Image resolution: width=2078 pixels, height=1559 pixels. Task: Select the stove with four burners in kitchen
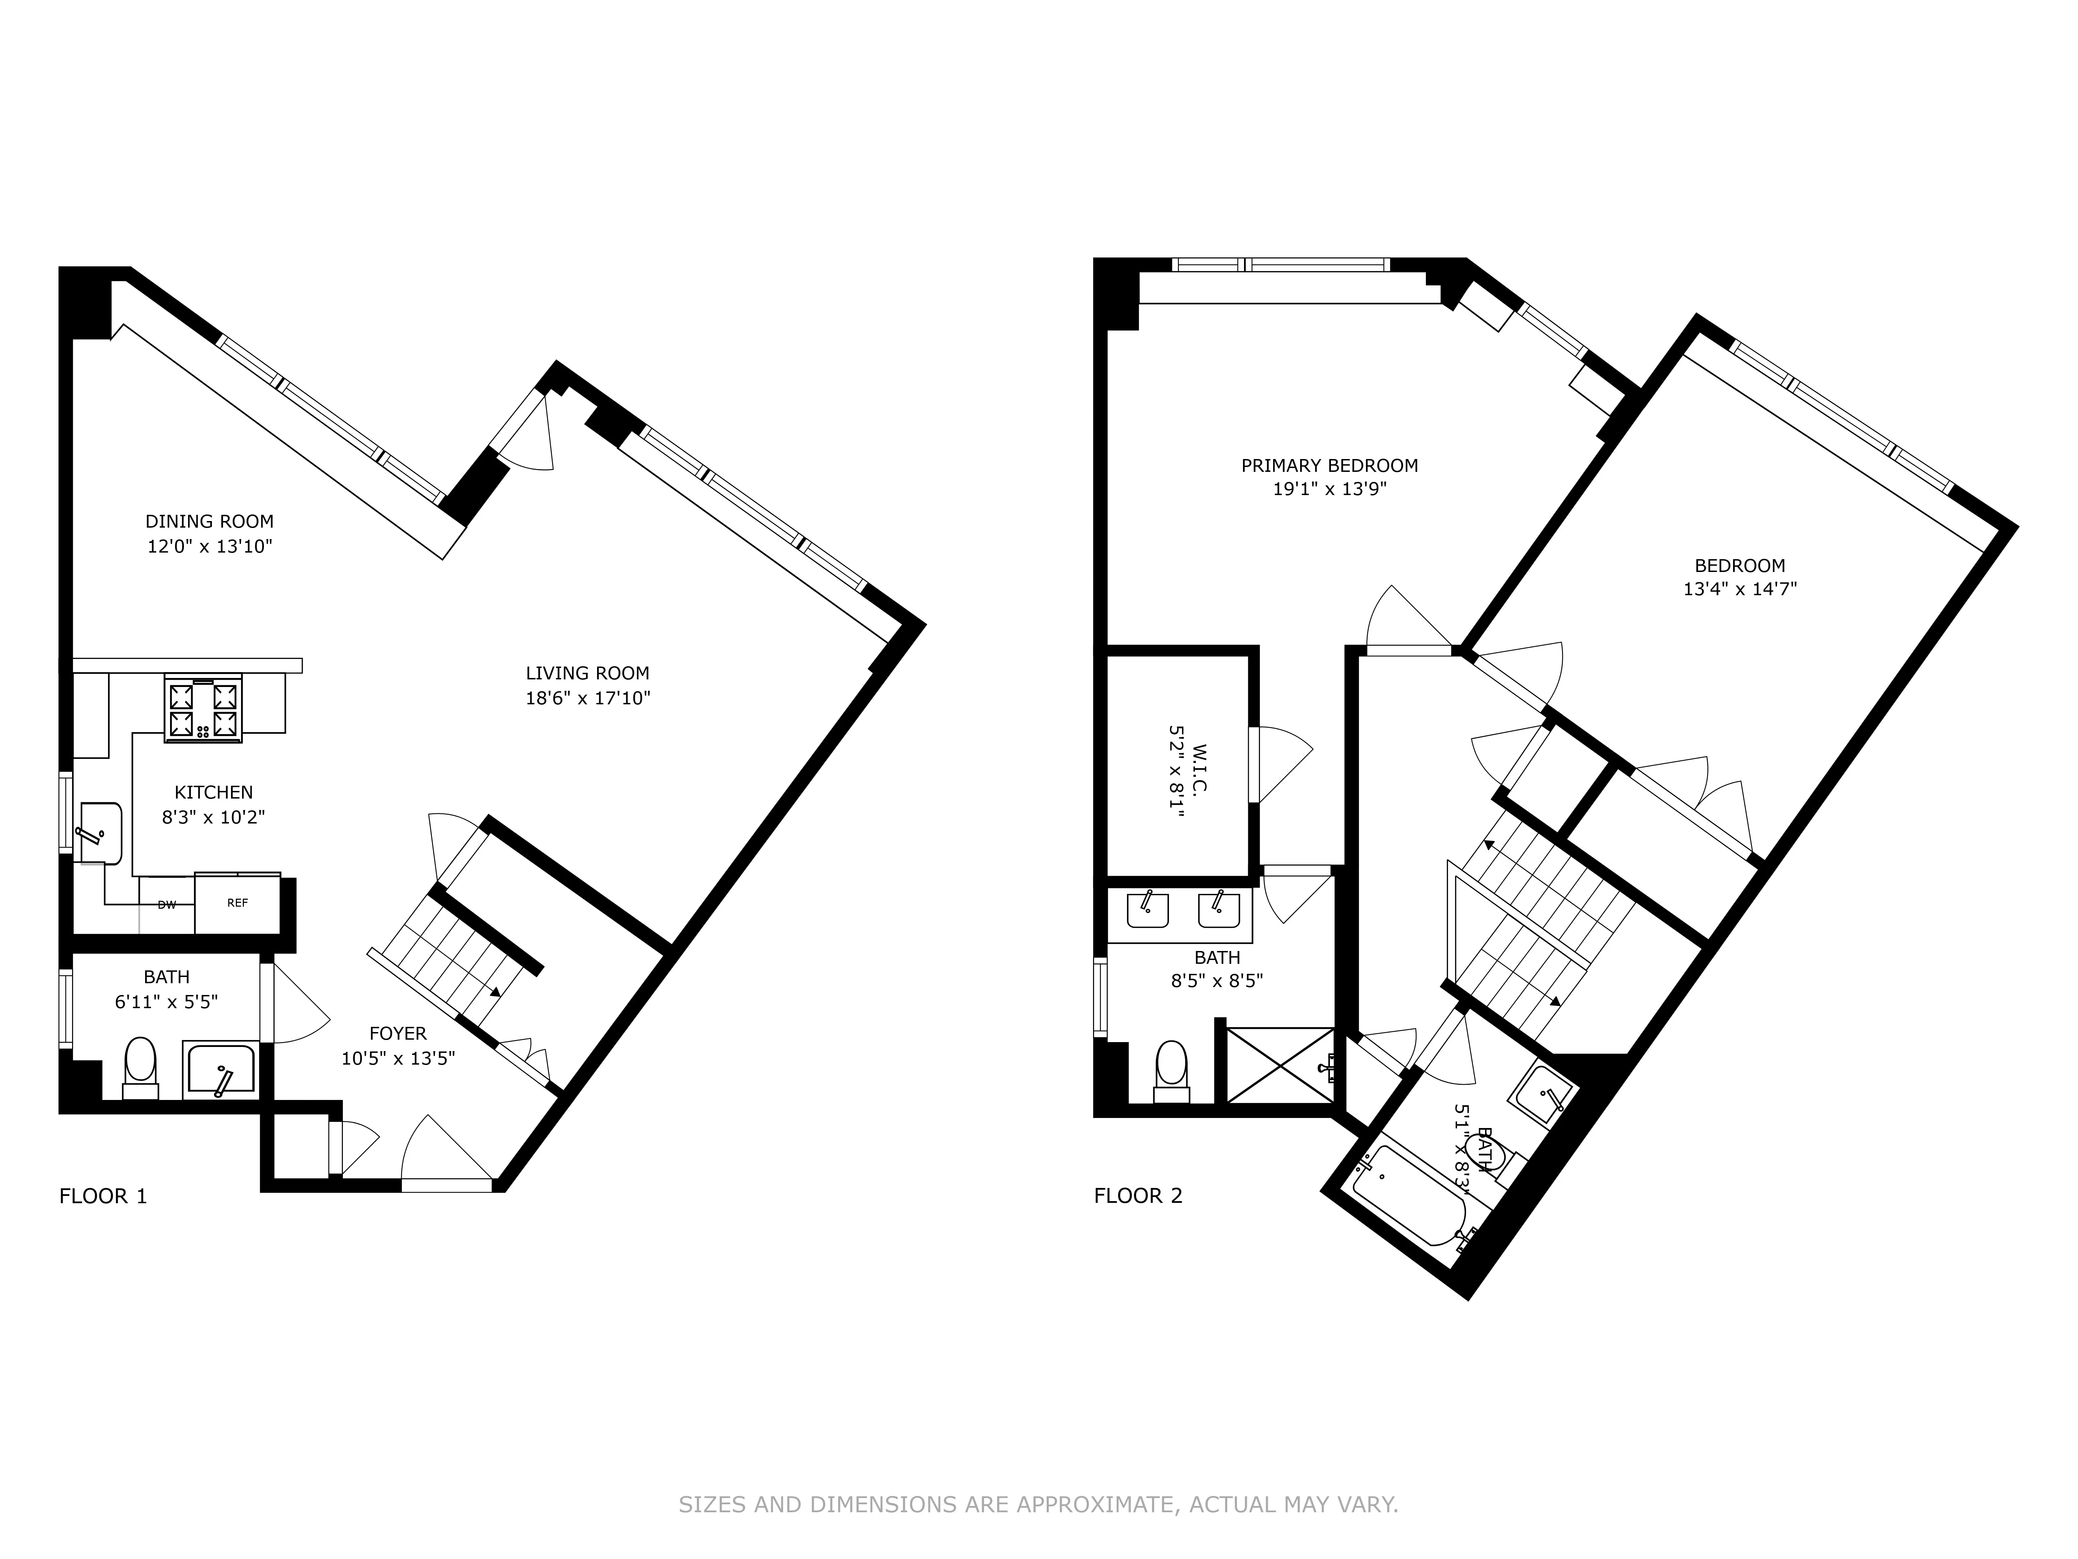tap(203, 710)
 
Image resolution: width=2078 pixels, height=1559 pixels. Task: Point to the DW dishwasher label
tap(166, 905)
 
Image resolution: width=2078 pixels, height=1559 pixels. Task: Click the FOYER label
tap(397, 1034)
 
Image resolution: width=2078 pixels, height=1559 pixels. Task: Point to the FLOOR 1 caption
tap(103, 1196)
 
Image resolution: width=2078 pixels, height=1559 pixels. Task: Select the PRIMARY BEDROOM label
tap(1329, 465)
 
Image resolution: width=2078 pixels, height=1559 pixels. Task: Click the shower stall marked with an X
tap(1279, 1065)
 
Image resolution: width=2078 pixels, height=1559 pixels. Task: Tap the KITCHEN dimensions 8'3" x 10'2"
tap(213, 818)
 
